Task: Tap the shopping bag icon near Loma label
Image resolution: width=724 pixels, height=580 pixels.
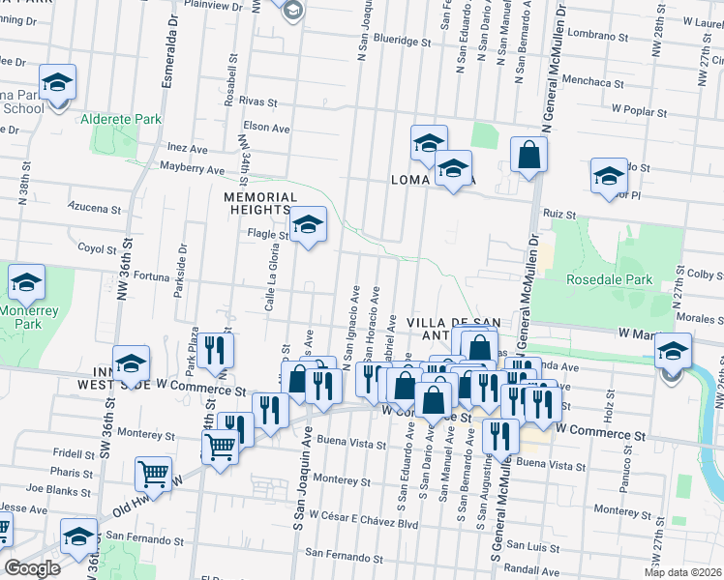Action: point(528,155)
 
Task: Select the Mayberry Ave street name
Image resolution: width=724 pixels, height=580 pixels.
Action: point(192,168)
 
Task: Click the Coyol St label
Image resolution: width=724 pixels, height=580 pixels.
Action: point(97,248)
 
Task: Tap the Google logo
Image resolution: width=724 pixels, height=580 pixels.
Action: point(32,568)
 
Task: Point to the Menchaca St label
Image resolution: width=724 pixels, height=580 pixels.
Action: point(588,82)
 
